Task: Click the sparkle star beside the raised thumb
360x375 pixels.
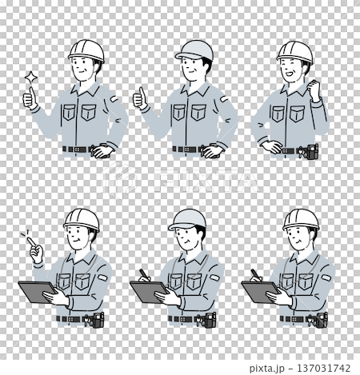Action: tap(31, 78)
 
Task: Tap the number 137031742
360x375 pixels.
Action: tap(323, 368)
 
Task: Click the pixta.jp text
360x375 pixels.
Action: tap(266, 369)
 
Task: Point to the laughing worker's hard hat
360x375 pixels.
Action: tap(294, 52)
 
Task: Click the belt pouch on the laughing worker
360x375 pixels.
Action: tap(312, 151)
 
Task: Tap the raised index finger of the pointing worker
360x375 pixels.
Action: tap(31, 242)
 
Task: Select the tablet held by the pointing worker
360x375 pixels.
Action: tap(37, 292)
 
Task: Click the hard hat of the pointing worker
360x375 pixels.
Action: tap(82, 220)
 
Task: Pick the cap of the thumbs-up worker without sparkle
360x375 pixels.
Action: tap(194, 50)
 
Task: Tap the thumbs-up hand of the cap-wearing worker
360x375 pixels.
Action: tap(140, 98)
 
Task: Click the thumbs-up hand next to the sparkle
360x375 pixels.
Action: tap(30, 98)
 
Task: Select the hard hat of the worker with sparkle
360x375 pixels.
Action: tap(86, 50)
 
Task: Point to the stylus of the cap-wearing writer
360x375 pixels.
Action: tap(143, 274)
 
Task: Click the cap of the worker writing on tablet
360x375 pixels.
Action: tap(187, 219)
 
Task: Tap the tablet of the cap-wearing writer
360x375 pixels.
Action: tap(149, 292)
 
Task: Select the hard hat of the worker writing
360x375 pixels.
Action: tap(301, 220)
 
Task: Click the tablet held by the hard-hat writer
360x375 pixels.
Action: tap(260, 292)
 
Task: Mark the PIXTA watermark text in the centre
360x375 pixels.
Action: tap(180, 180)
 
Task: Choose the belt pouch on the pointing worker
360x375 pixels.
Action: tap(98, 320)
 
